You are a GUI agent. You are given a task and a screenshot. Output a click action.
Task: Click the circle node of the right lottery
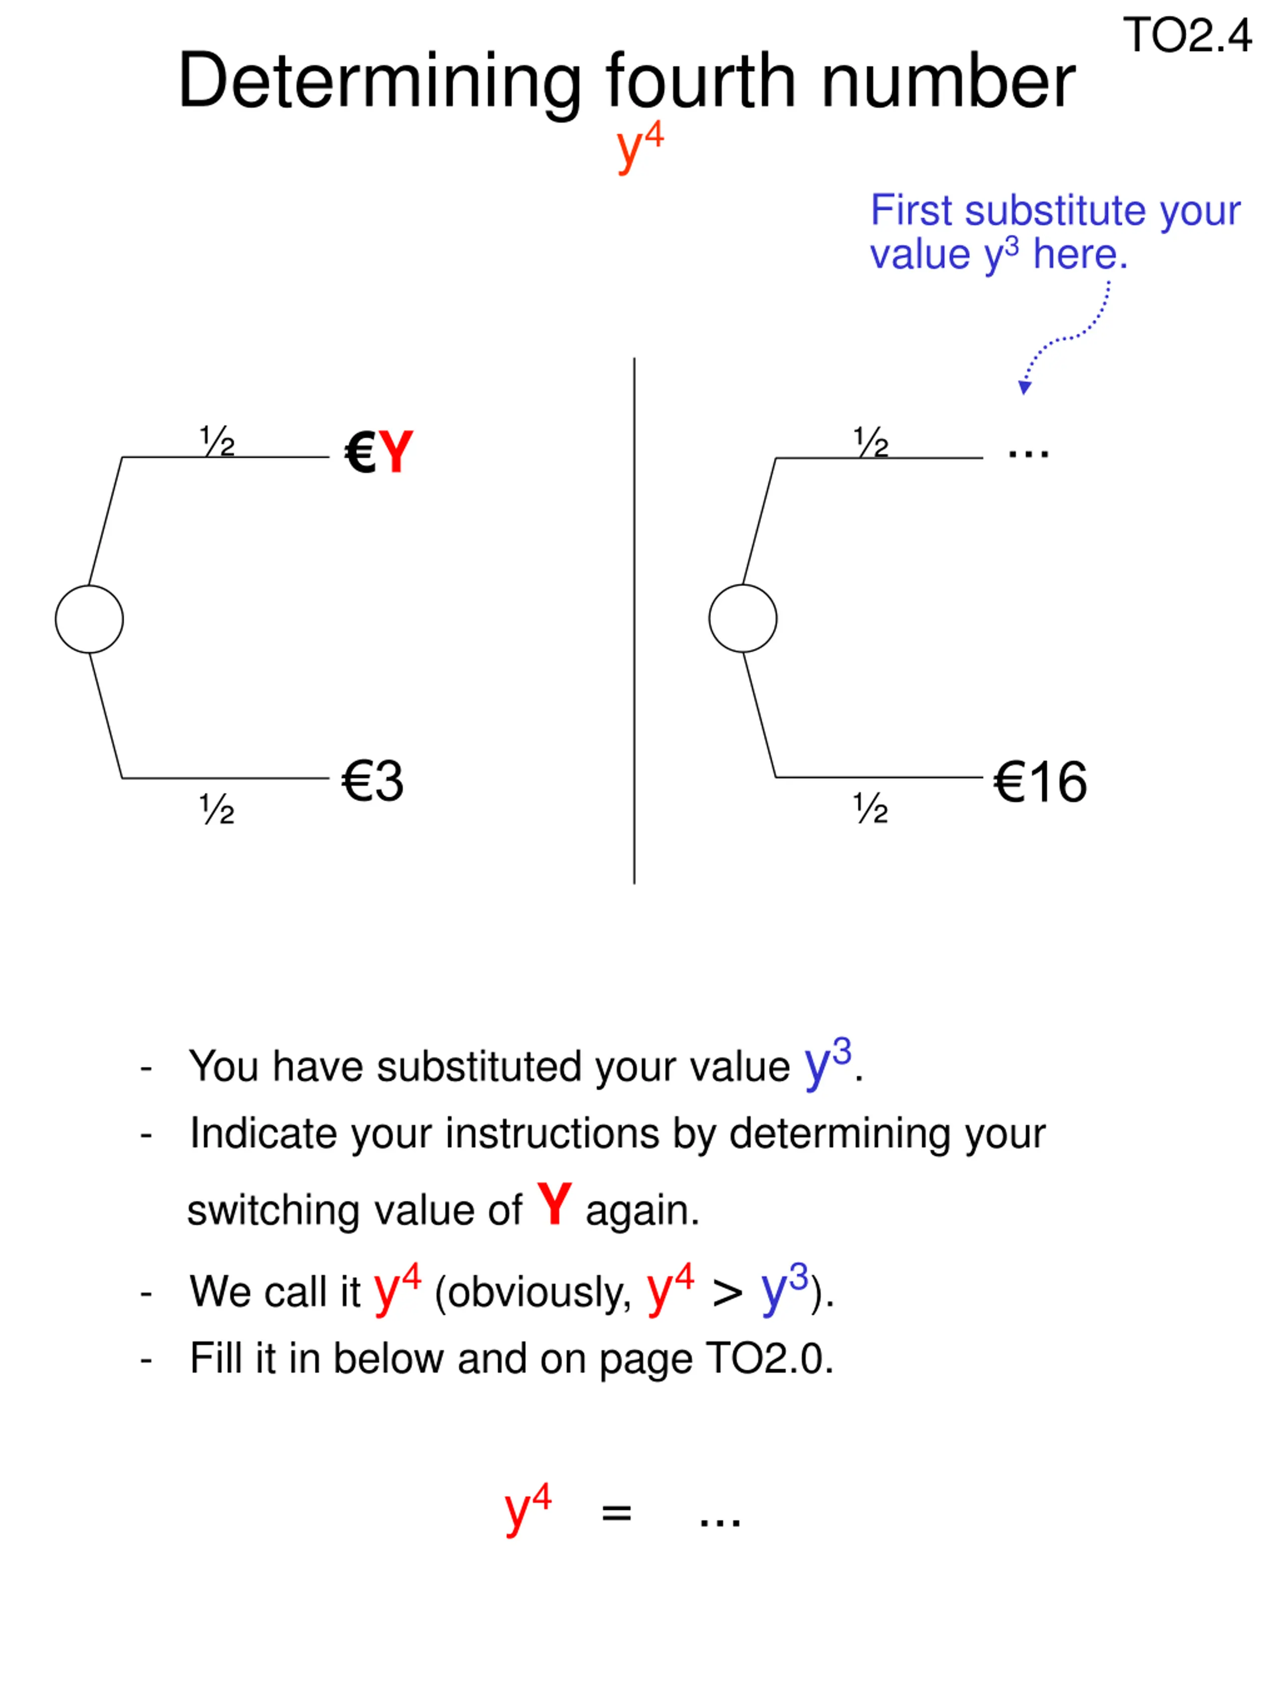742,619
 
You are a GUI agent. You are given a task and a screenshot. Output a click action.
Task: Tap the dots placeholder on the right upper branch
1028,452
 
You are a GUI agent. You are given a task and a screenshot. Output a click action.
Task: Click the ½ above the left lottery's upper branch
217,441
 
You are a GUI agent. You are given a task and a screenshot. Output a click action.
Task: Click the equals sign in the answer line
616,1512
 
